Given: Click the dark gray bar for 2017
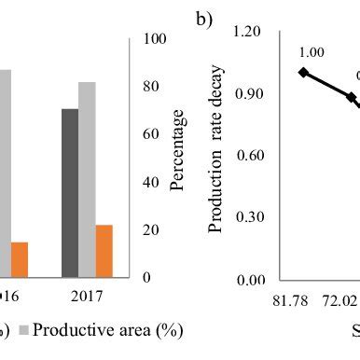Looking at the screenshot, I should click(70, 193).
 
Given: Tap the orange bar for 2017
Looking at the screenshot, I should click(104, 251).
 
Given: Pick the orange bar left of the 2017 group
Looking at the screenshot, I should click(20, 259).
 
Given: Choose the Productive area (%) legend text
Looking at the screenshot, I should click(110, 330).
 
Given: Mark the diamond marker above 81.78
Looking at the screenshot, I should click(302, 72).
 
